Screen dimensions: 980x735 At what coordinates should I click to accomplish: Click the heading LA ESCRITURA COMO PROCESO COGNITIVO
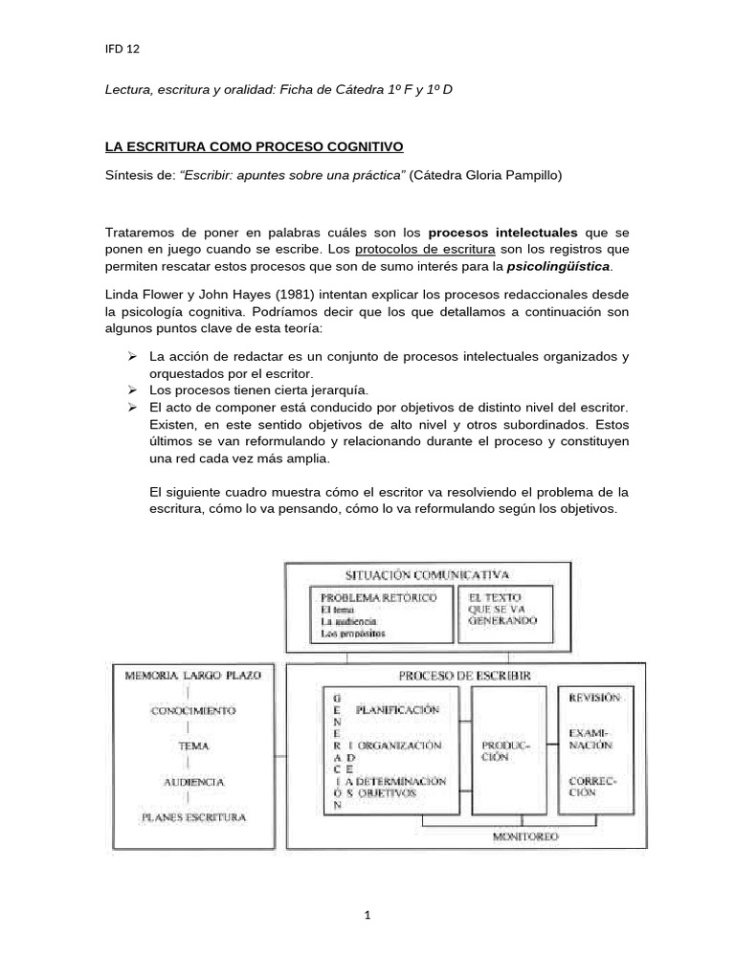(x=254, y=146)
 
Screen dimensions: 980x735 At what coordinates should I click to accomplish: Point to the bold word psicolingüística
(x=557, y=265)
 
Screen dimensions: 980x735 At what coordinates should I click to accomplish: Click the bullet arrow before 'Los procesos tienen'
(x=134, y=390)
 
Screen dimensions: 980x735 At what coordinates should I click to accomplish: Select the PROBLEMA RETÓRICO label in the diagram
(x=378, y=597)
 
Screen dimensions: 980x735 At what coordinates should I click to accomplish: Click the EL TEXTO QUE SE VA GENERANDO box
(x=502, y=609)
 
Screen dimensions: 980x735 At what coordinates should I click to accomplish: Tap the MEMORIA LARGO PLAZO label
(x=192, y=675)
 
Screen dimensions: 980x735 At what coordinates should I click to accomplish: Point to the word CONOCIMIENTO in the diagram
(x=192, y=711)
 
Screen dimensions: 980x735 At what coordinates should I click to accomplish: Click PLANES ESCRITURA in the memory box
(x=192, y=817)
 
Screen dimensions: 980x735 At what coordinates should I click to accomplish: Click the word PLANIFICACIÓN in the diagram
(x=397, y=710)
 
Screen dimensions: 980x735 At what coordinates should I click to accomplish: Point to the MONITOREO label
(x=525, y=836)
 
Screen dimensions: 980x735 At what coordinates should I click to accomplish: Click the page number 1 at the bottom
(x=367, y=915)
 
